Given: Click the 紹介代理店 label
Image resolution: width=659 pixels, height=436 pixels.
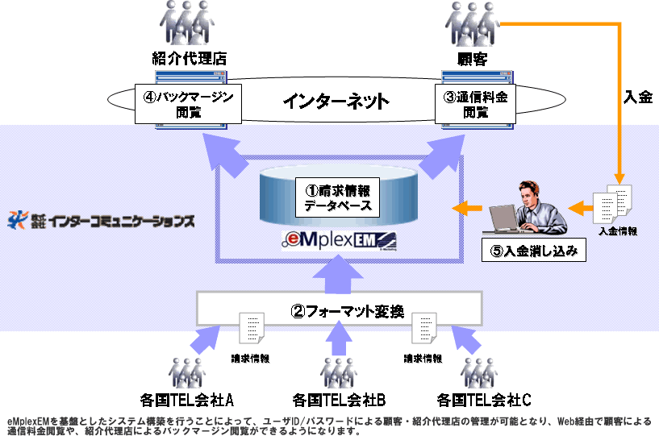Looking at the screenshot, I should click(188, 58).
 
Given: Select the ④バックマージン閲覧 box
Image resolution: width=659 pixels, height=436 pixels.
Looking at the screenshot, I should click(189, 104).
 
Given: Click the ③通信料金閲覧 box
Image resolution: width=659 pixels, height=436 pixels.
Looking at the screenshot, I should click(477, 104).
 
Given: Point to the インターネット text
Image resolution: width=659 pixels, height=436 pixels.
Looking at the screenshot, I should click(336, 102).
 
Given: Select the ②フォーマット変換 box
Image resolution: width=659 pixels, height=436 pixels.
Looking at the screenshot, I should click(340, 309).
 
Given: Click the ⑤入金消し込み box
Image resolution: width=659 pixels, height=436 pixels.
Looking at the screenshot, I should click(532, 251).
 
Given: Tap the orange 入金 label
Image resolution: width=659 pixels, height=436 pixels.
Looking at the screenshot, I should click(638, 96).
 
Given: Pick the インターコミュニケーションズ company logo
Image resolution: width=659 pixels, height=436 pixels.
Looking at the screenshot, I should click(101, 219).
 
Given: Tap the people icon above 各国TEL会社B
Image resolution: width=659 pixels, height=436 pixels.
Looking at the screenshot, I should click(338, 369).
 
